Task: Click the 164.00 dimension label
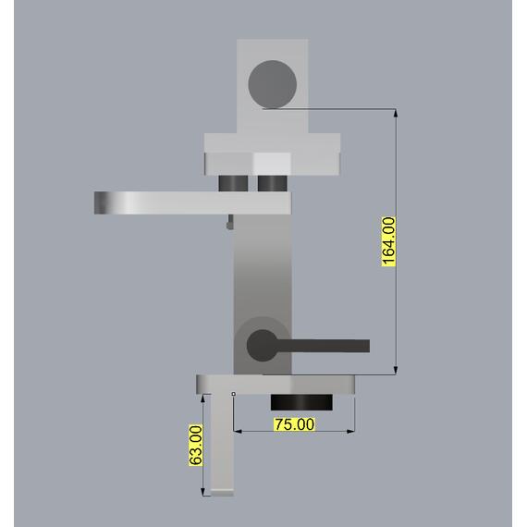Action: tap(389, 241)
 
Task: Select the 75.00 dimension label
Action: tap(295, 424)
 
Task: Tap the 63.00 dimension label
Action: tap(196, 446)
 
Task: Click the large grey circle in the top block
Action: tap(272, 84)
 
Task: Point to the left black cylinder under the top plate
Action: tap(233, 183)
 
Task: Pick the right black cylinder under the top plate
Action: tap(272, 183)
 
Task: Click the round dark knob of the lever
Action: tap(263, 346)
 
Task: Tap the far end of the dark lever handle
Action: tap(369, 346)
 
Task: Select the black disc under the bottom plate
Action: tap(301, 402)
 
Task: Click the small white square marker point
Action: tap(234, 394)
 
